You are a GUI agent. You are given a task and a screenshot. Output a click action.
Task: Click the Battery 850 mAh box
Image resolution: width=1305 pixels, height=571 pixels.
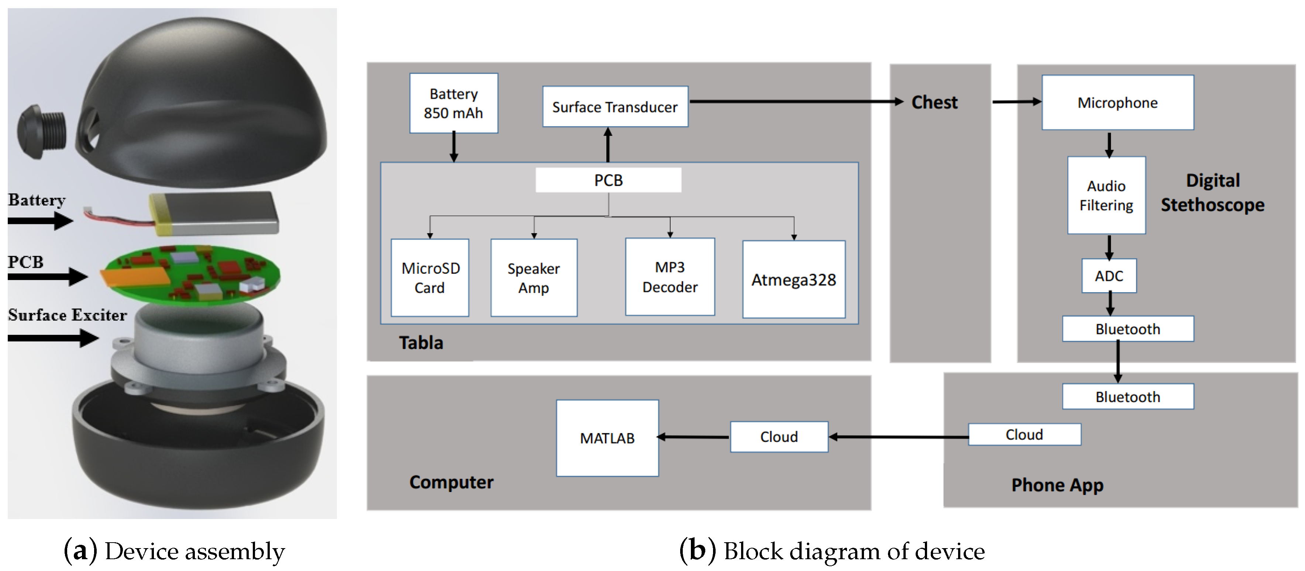coord(454,103)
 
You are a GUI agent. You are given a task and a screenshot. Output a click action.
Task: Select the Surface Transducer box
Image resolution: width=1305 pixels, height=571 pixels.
coord(614,107)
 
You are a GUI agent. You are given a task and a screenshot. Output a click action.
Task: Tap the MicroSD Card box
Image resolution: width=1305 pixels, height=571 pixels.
coord(430,278)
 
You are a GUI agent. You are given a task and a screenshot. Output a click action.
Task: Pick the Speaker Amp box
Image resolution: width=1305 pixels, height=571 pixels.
coord(533,278)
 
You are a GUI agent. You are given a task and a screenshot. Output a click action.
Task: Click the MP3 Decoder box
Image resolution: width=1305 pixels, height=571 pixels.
coord(670,277)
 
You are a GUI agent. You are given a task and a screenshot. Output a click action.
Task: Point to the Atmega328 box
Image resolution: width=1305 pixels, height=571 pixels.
coord(793,280)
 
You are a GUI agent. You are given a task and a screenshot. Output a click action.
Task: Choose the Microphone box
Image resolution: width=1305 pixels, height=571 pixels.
coord(1117,103)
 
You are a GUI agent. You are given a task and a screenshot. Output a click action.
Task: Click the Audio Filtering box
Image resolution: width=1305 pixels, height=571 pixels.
coord(1106,195)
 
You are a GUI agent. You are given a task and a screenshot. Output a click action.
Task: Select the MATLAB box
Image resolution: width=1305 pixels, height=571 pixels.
coord(607,438)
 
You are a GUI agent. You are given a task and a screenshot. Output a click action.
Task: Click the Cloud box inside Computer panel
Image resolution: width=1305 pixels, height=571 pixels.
coord(779,437)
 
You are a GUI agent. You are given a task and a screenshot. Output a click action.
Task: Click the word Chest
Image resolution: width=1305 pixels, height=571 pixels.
coord(934,102)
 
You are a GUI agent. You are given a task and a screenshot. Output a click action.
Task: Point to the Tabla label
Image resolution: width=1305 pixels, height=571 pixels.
coord(420,343)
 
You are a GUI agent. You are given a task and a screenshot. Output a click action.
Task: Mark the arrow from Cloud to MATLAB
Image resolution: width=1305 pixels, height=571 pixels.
coord(694,437)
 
